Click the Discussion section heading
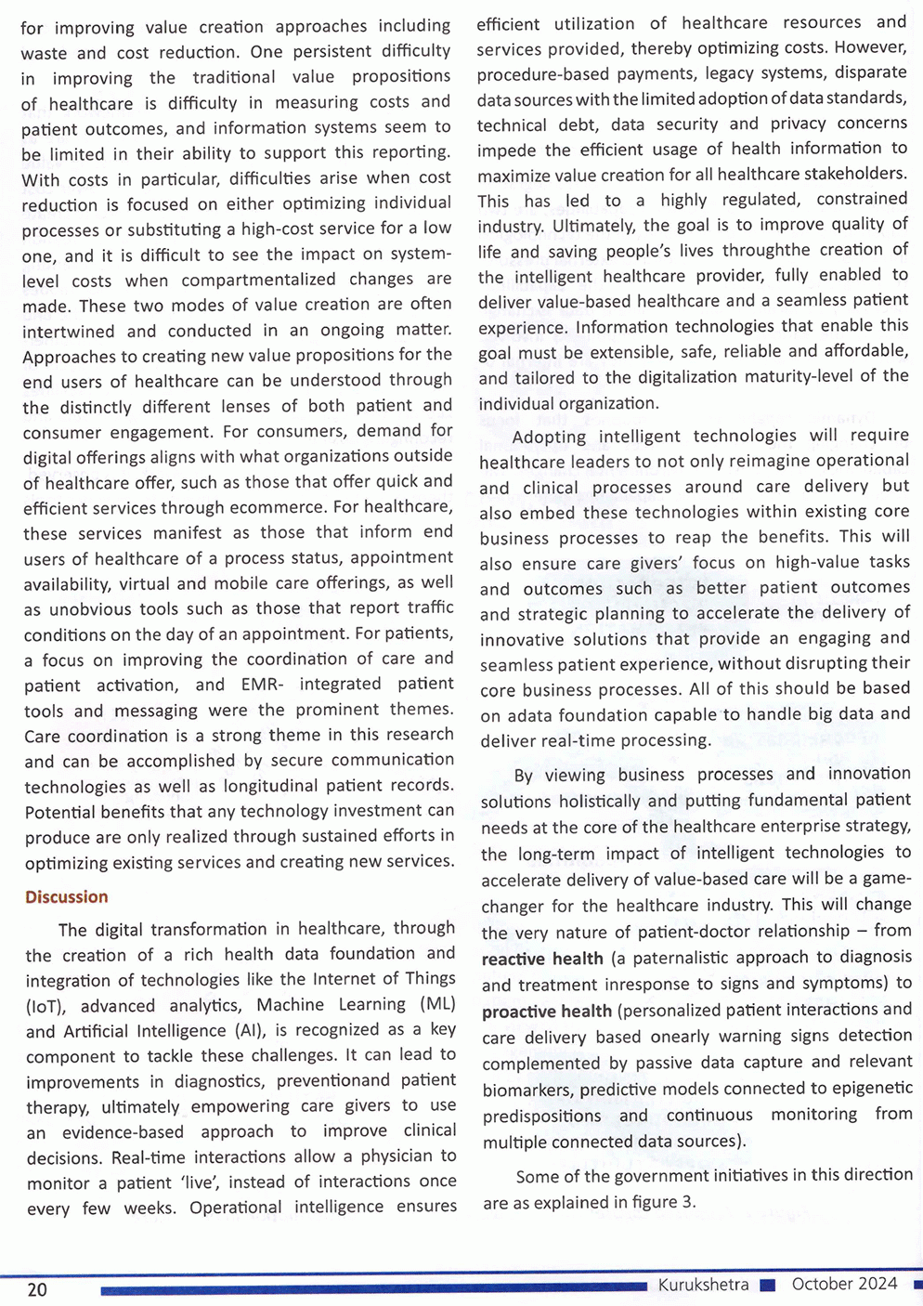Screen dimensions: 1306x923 point(66,897)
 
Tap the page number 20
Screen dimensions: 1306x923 point(37,1290)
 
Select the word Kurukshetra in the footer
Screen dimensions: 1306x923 point(703,1286)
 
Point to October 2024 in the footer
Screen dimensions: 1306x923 point(844,1284)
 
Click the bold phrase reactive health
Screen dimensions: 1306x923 point(542,959)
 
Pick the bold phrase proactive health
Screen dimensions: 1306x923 point(547,1011)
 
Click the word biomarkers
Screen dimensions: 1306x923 point(527,1090)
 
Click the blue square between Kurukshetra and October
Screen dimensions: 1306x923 point(767,1286)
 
